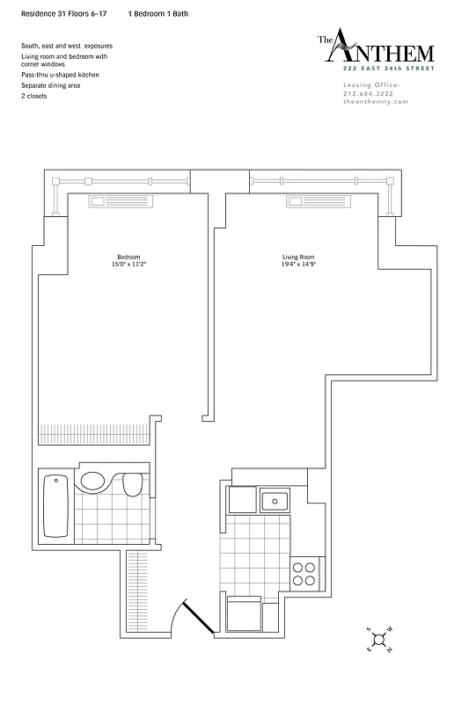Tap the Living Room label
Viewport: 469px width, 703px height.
pyautogui.click(x=298, y=257)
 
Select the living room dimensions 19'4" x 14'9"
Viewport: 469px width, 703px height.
pyautogui.click(x=298, y=264)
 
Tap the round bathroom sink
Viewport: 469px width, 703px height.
pyautogui.click(x=92, y=481)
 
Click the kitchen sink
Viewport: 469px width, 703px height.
pyautogui.click(x=275, y=501)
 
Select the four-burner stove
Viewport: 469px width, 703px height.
pyautogui.click(x=304, y=573)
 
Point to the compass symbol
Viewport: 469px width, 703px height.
pyautogui.click(x=377, y=640)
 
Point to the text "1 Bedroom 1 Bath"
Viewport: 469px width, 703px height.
pyautogui.click(x=158, y=15)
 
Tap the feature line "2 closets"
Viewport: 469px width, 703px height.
pyautogui.click(x=34, y=95)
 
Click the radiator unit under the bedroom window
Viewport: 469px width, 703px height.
pyautogui.click(x=121, y=202)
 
